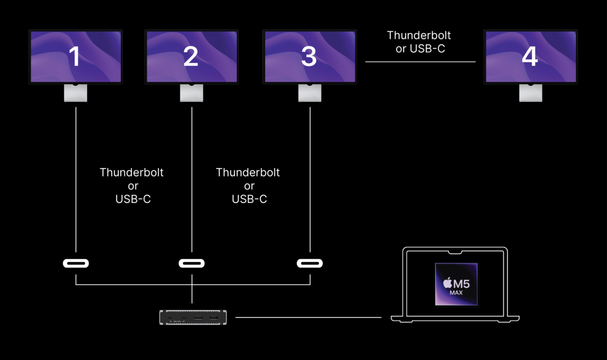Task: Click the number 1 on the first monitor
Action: [75, 57]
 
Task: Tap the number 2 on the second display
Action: [191, 57]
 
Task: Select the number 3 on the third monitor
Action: [309, 57]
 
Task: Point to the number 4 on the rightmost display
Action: [530, 57]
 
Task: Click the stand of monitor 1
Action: [76, 93]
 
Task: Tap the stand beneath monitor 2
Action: [191, 93]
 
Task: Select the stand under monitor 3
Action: [310, 93]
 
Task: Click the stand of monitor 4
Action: [531, 93]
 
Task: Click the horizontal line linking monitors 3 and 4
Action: [420, 62]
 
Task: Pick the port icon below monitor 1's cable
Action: [76, 264]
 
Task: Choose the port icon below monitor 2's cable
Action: [191, 264]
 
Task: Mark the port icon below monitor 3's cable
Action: [310, 264]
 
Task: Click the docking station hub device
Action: [192, 317]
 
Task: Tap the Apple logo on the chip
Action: [447, 283]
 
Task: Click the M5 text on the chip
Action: [461, 284]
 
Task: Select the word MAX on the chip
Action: [457, 293]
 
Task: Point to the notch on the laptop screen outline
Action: [456, 253]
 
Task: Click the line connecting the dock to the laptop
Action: [308, 317]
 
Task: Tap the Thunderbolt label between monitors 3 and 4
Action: [419, 35]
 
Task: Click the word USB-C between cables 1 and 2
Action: [133, 199]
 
